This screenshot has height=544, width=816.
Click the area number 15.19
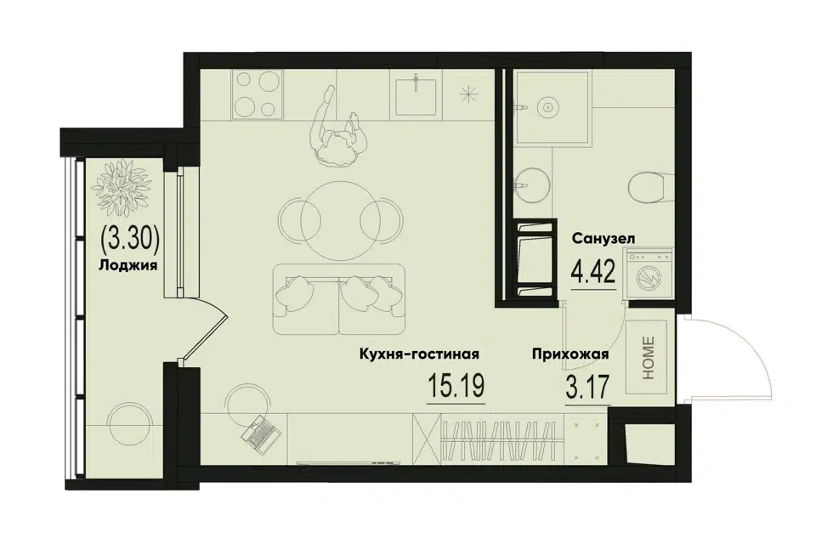(456, 386)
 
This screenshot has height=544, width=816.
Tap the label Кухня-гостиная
(419, 354)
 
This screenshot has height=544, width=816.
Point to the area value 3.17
(587, 386)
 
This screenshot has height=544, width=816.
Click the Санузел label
(603, 239)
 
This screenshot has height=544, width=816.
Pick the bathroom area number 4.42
(594, 270)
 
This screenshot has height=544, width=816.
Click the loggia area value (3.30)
(129, 240)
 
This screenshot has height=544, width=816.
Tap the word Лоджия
(128, 265)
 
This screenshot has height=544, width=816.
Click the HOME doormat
(646, 358)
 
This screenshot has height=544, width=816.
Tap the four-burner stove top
(258, 93)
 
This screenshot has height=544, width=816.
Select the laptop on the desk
(261, 432)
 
